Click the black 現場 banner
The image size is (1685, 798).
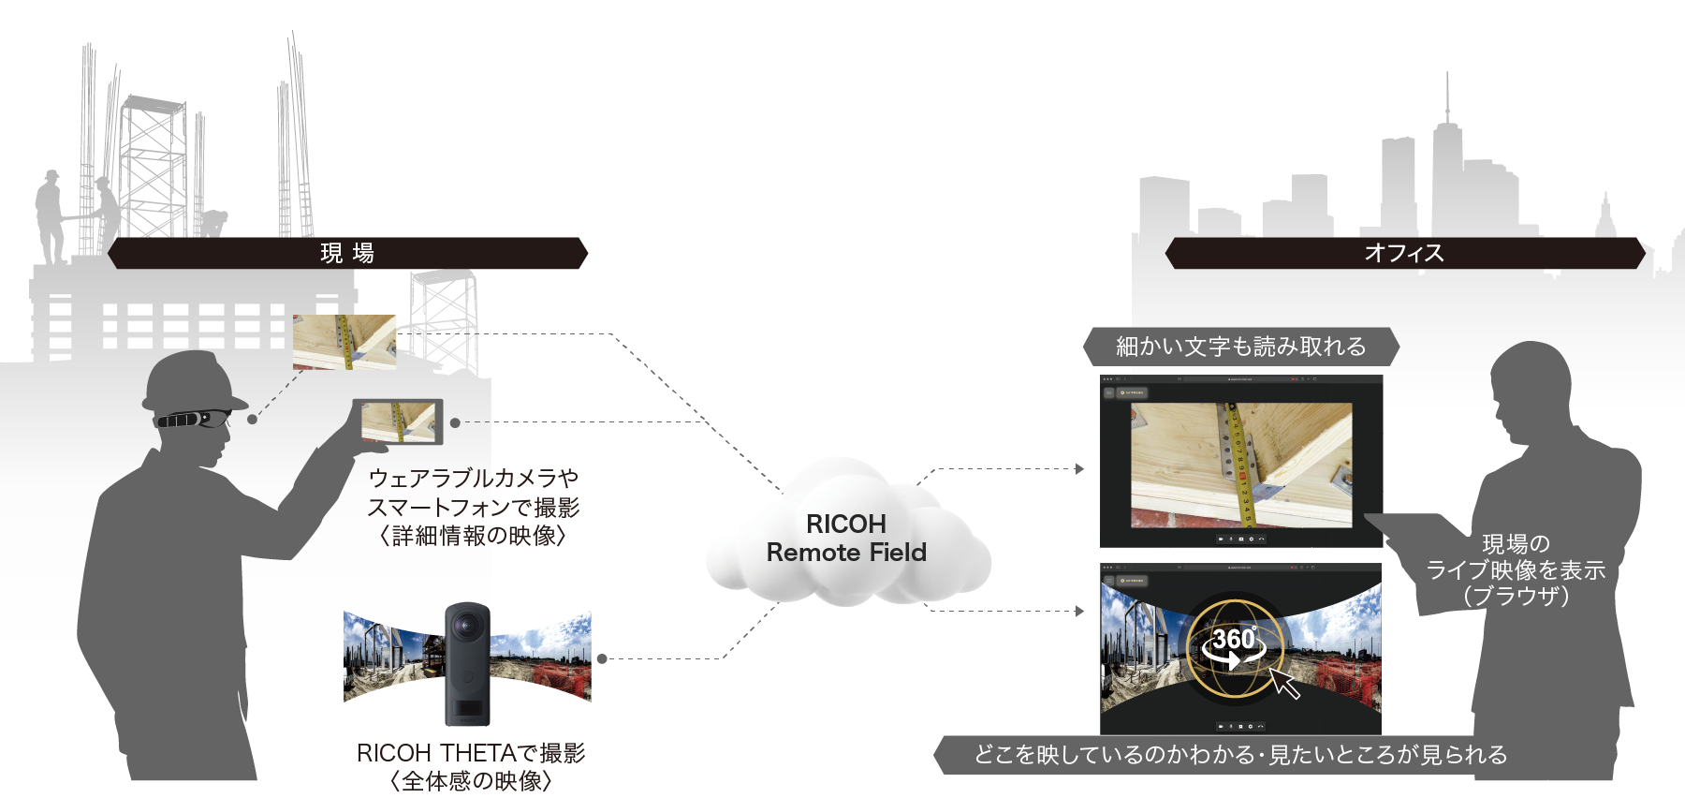(347, 253)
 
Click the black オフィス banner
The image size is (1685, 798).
(1404, 253)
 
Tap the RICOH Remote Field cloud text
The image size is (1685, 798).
(846, 539)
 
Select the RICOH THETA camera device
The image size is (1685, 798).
(467, 664)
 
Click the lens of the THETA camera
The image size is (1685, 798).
(467, 626)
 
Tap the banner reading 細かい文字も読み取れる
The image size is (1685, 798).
(1240, 347)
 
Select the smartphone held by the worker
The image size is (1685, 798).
(398, 421)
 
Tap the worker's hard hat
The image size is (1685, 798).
(192, 379)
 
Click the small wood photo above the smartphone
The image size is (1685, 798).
(344, 341)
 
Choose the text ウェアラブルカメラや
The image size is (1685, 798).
(473, 479)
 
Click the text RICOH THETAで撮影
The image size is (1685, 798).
(471, 753)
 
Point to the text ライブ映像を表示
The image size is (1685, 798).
(1516, 570)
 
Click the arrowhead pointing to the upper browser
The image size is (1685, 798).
(1080, 468)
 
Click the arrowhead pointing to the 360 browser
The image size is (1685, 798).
(1080, 611)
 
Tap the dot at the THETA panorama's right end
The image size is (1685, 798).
(602, 658)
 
